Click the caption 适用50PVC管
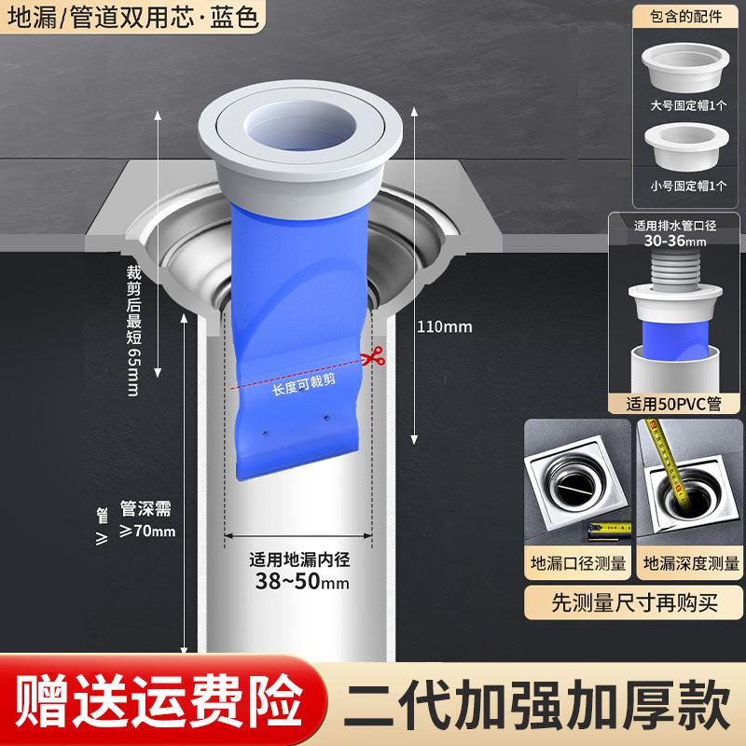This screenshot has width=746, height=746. (x=675, y=404)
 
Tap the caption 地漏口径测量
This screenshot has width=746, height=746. (x=574, y=564)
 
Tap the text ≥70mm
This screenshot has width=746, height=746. (x=149, y=532)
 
